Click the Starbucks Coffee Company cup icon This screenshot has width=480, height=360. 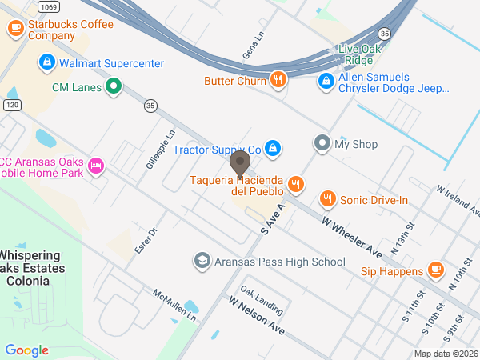[15, 30]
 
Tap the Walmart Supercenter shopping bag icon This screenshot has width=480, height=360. [47, 62]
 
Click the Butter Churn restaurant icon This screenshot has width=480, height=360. [278, 79]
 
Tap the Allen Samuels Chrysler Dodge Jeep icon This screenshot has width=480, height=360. [326, 82]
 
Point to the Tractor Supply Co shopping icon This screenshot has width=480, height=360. [273, 149]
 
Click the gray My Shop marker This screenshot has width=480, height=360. [322, 144]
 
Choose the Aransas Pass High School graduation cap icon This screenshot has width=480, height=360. [202, 262]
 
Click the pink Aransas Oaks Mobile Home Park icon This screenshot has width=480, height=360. [95, 166]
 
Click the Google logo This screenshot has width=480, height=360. [26, 350]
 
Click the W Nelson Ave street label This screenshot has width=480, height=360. [257, 316]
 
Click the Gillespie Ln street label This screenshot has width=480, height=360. [160, 150]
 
